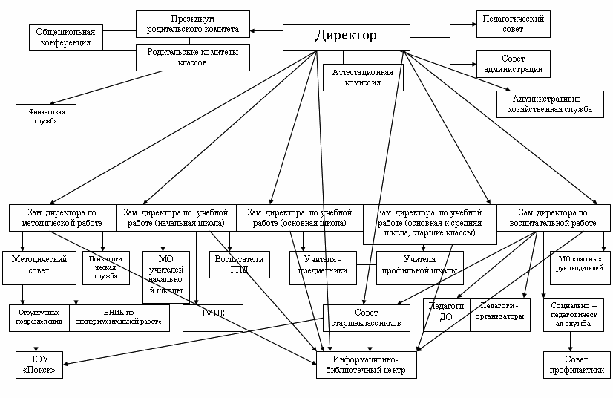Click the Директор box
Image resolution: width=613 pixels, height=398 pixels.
click(346, 36)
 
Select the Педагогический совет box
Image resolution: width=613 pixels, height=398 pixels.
click(513, 23)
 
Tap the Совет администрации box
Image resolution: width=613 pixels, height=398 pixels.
click(513, 64)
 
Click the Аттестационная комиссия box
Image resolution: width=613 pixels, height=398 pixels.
click(363, 77)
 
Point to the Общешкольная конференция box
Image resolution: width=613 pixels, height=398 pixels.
click(66, 37)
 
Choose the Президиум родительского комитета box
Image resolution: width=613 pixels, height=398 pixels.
click(192, 25)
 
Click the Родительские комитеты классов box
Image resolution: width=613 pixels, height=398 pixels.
click(192, 57)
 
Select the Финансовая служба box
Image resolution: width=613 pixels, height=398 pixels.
click(46, 117)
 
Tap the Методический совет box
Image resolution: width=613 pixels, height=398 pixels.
click(40, 265)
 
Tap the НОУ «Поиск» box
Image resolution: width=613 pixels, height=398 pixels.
click(40, 365)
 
